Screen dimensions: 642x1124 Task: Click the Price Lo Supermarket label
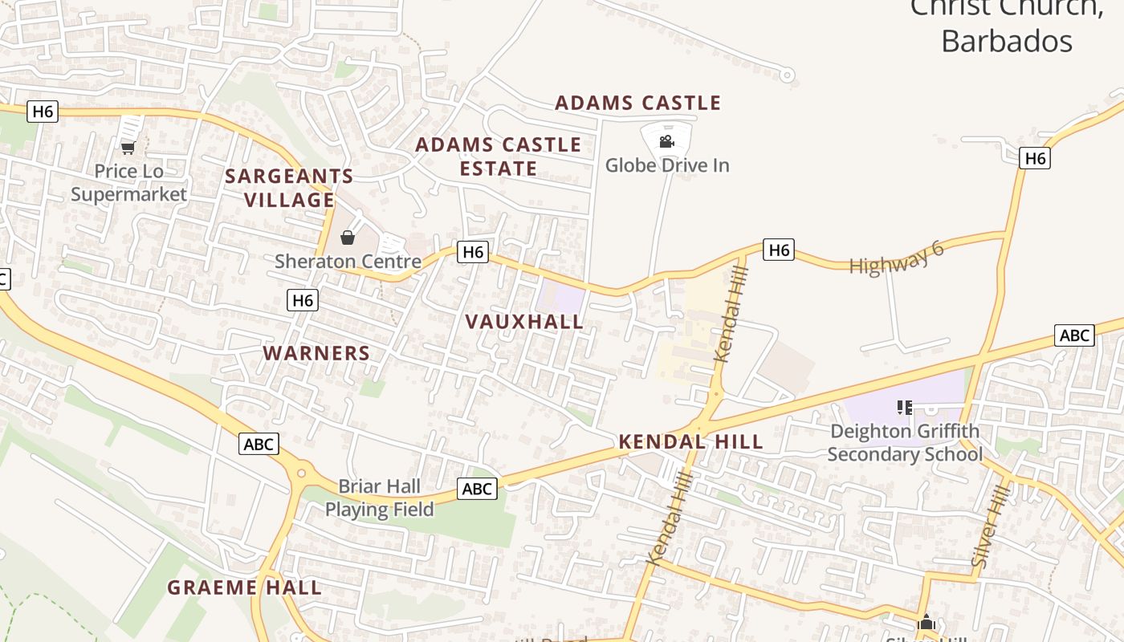[128, 183]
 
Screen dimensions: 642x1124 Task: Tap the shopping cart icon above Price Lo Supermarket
[128, 148]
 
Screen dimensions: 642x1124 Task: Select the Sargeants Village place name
[289, 188]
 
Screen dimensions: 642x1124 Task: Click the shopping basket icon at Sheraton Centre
[348, 238]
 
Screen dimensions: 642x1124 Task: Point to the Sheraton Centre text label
[348, 262]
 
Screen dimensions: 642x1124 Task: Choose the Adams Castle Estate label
[498, 156]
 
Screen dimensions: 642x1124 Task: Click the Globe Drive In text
[666, 165]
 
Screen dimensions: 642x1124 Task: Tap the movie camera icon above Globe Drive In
[666, 142]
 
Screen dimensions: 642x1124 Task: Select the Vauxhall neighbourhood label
[524, 322]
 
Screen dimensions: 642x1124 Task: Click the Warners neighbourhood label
[316, 353]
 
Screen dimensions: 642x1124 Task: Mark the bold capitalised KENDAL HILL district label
[690, 441]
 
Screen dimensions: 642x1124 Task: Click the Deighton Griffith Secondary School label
[905, 443]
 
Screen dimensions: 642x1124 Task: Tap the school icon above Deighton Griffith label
[905, 408]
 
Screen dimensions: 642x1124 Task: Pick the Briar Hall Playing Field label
[379, 498]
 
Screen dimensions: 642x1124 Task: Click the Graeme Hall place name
[244, 587]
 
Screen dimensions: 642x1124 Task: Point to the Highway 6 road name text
[897, 258]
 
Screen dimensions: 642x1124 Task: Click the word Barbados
[1006, 40]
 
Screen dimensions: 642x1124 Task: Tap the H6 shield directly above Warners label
[302, 300]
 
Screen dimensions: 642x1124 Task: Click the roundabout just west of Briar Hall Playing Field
[302, 473]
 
